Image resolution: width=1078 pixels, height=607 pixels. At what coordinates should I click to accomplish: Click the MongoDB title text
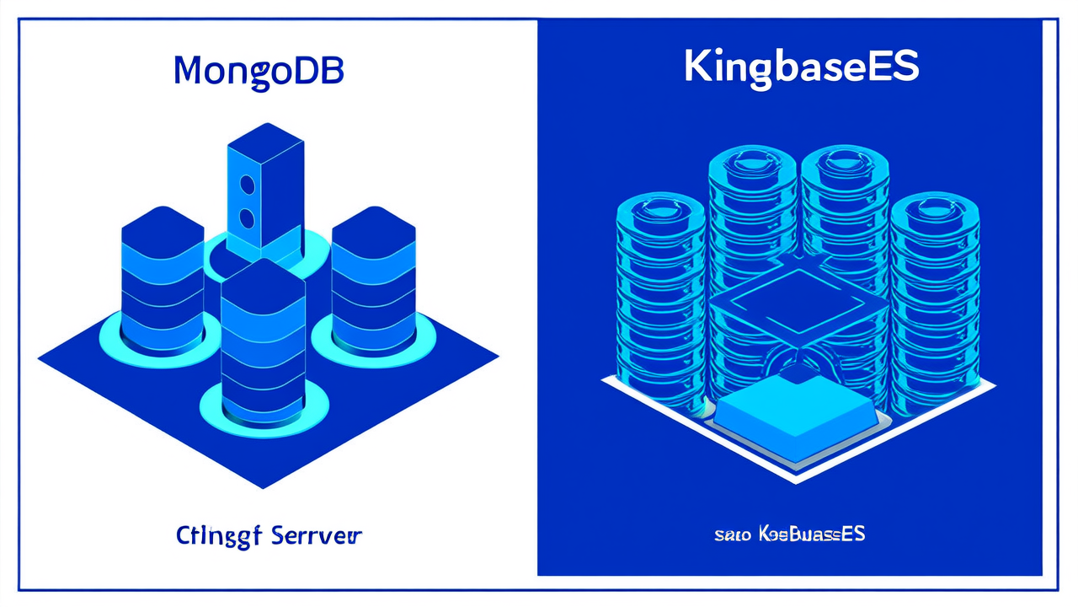coord(259,71)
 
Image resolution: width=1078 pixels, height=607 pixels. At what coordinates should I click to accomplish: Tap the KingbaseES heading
coord(800,67)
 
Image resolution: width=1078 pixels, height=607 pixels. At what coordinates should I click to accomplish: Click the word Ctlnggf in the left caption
coord(220,536)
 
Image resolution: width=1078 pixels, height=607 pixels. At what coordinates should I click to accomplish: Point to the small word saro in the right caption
coord(731,534)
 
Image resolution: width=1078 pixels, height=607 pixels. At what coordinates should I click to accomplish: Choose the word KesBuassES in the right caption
coord(812,534)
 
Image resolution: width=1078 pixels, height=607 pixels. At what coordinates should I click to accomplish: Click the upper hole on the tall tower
coord(247,183)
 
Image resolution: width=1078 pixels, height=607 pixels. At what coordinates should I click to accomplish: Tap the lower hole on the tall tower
coord(247,218)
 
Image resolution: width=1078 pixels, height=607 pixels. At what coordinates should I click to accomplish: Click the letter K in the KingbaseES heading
coord(701,67)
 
